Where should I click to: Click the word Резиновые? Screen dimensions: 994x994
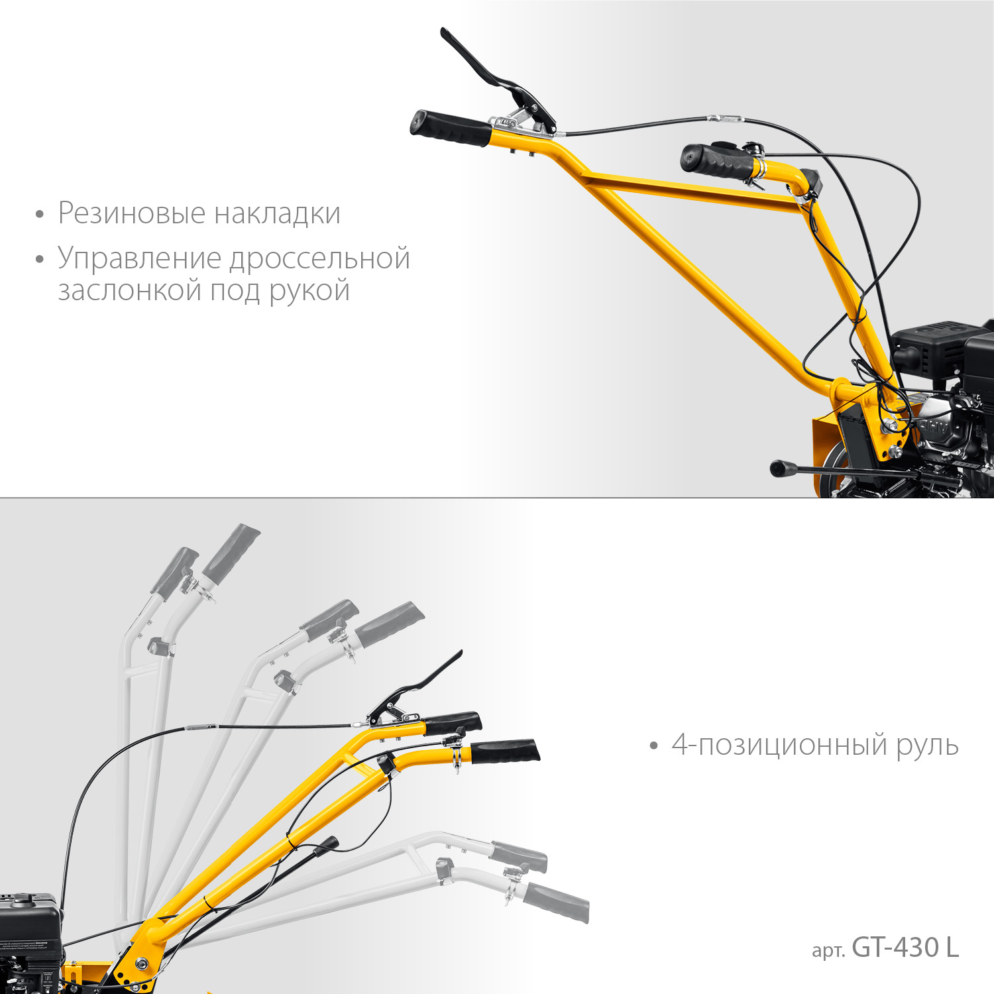pos(132,213)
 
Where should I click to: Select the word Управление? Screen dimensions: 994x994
pos(139,258)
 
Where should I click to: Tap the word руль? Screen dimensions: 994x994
pos(927,746)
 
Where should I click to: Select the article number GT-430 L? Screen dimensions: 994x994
pos(905,948)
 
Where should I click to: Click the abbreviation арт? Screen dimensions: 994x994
pos(828,950)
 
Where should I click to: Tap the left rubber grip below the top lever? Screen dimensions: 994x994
pos(449,129)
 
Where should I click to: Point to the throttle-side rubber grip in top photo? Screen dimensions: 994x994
pos(716,161)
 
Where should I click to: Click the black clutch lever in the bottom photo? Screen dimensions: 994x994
pos(424,683)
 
